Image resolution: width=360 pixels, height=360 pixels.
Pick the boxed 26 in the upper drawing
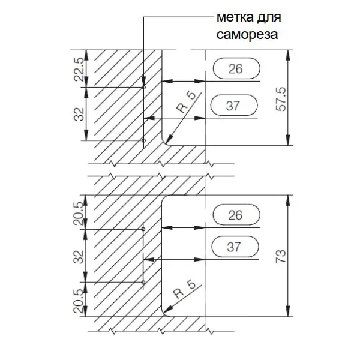(236, 69)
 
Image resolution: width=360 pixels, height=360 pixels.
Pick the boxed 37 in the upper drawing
(236, 106)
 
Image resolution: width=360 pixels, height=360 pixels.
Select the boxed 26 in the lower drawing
(236, 214)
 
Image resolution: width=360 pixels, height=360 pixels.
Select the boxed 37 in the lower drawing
(236, 247)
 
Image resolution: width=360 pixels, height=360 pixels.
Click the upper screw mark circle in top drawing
(144, 88)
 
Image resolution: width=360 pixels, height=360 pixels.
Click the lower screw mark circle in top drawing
(144, 140)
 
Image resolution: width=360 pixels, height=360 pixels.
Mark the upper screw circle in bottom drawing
(144, 229)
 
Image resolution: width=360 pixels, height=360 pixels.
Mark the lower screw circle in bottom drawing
(144, 282)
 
